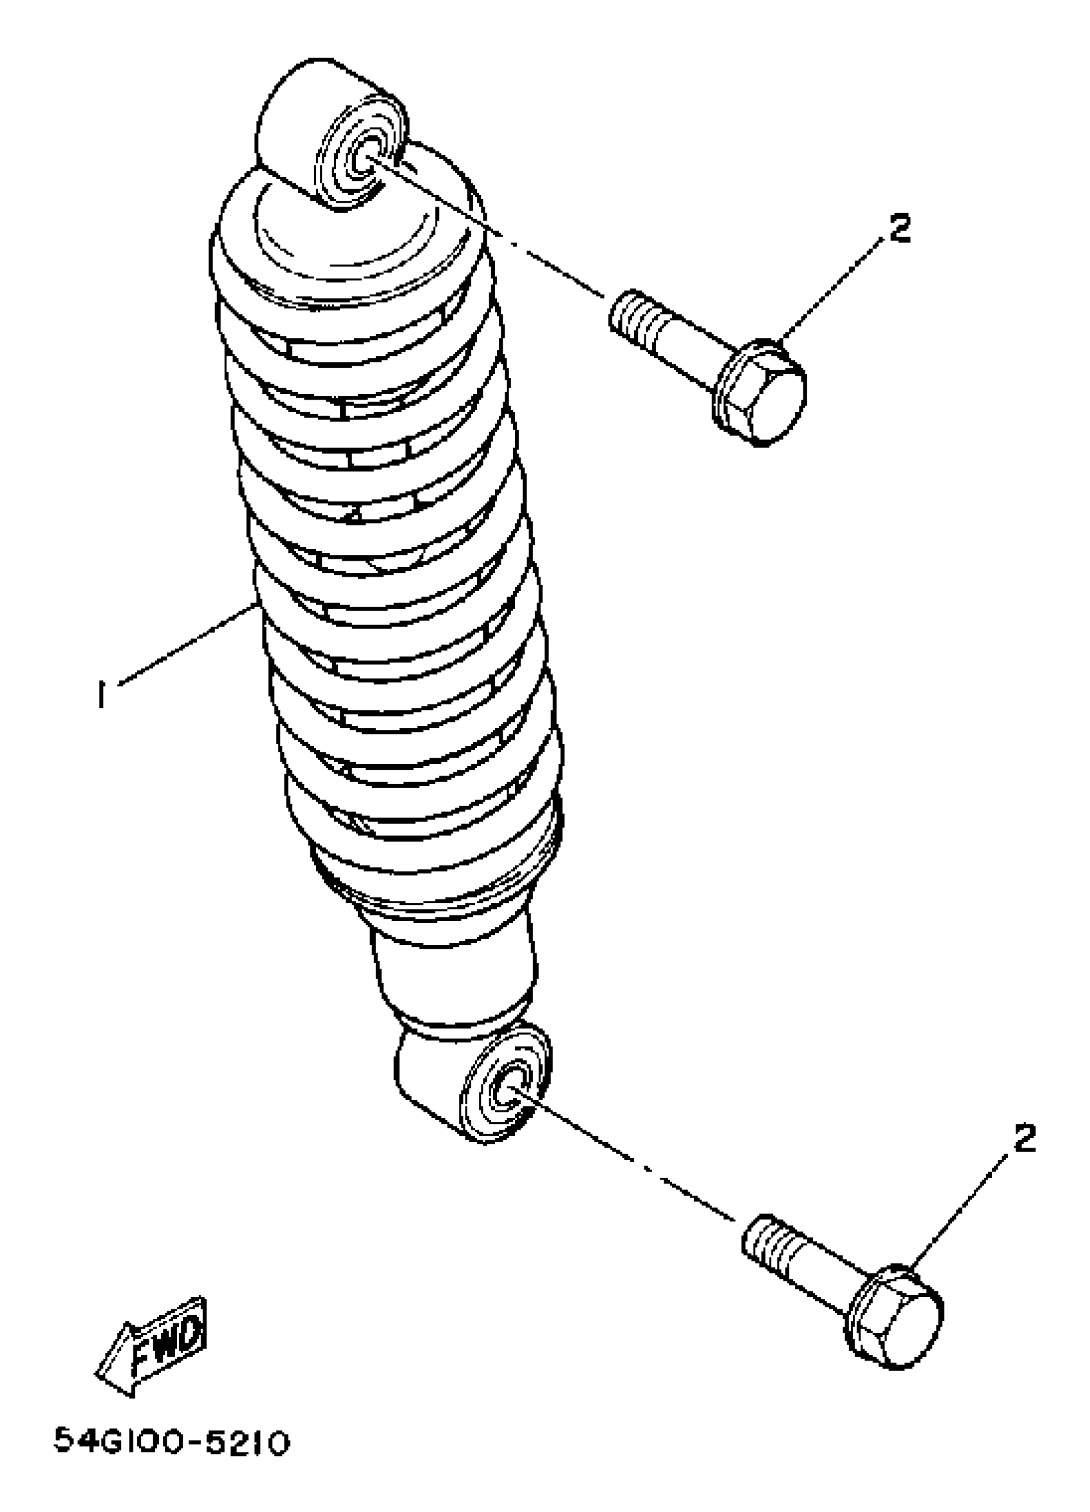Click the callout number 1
[101, 696]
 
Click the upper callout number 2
[899, 228]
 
